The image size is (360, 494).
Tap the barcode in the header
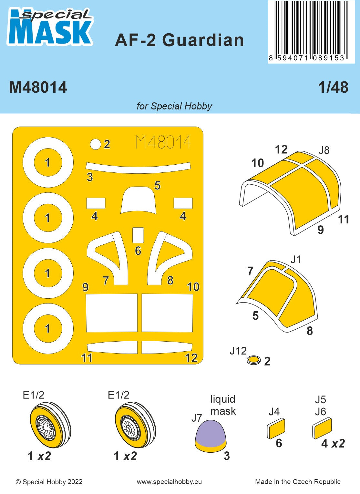point(312,31)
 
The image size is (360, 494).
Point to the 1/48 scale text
point(333,87)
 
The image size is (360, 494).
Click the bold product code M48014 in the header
point(38,87)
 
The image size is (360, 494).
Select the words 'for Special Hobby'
point(174,106)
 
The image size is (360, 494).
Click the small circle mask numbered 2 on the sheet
point(95,144)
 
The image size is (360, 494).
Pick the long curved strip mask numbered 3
point(138,168)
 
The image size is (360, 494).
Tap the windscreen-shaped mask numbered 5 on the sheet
point(139,200)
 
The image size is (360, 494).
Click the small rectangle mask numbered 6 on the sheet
point(138,235)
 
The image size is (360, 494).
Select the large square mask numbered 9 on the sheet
point(112,313)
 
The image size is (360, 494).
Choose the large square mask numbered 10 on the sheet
point(167,313)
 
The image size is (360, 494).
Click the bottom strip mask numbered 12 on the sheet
point(167,347)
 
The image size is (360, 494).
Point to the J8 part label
point(324,150)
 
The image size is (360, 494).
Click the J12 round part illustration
point(254,360)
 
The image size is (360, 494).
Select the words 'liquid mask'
point(223,405)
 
